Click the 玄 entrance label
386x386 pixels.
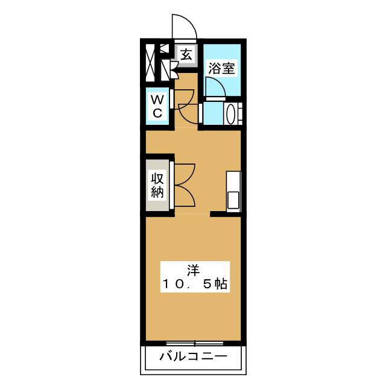click(186, 54)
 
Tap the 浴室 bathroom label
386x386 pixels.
click(221, 68)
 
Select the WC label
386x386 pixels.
click(157, 105)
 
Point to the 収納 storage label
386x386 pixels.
click(157, 185)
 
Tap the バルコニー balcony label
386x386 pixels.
click(193, 356)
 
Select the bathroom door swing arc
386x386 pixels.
click(215, 88)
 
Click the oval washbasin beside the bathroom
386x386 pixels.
click(230, 113)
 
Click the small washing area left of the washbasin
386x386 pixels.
click(212, 113)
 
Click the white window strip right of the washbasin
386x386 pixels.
click(242, 113)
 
